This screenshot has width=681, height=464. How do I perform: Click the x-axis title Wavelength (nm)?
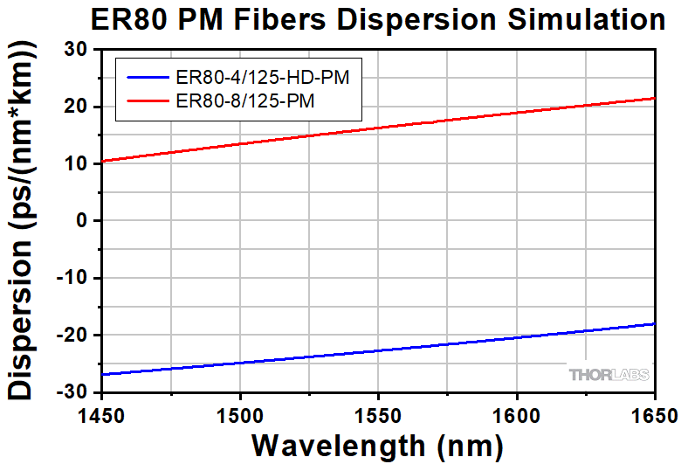(x=377, y=445)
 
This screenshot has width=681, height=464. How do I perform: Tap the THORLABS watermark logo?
(x=609, y=375)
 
